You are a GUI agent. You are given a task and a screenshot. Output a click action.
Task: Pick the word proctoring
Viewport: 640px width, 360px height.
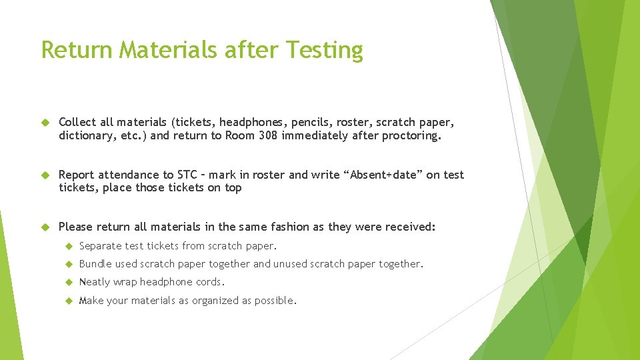point(411,135)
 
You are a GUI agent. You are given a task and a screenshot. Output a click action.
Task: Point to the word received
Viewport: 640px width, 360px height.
point(410,227)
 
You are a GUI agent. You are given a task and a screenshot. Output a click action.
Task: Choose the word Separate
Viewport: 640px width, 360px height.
point(101,246)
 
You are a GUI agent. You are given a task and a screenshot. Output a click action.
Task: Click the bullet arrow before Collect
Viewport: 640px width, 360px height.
point(45,123)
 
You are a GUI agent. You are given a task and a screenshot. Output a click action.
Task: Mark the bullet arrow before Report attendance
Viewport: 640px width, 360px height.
point(45,175)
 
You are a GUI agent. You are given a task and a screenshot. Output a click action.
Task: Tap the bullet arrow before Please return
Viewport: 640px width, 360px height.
point(45,227)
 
